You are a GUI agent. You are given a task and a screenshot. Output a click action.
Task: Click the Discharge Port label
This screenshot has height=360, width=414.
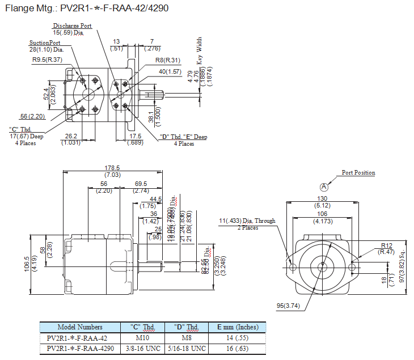click(72, 26)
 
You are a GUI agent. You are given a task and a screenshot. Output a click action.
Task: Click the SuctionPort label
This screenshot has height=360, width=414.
click(45, 43)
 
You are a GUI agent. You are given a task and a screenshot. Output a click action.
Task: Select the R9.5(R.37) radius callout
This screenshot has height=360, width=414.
click(48, 60)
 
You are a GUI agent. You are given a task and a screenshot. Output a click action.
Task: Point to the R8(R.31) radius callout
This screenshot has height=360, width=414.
click(167, 60)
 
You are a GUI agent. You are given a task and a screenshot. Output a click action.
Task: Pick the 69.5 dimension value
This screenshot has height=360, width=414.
click(141, 184)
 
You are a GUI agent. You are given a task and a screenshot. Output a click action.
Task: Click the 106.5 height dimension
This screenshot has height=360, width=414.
click(27, 264)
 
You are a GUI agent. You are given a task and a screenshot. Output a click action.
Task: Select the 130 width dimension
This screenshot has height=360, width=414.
click(323, 198)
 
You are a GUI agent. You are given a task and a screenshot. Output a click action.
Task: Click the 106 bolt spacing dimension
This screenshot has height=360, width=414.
click(323, 214)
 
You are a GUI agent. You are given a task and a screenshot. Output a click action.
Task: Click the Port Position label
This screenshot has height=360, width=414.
click(358, 173)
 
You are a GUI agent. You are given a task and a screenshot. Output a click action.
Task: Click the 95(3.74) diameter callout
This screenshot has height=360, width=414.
click(288, 306)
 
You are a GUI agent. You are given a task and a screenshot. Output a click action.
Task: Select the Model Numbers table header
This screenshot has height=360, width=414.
click(80, 327)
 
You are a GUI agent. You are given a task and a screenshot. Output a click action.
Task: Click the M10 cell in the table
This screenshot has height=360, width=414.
click(143, 338)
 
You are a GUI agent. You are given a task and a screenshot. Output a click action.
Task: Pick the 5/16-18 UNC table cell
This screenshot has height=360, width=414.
click(187, 348)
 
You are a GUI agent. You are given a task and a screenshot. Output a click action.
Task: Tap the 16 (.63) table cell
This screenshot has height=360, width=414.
click(237, 348)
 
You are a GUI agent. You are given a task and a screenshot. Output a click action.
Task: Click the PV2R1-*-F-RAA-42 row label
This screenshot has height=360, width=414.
click(80, 338)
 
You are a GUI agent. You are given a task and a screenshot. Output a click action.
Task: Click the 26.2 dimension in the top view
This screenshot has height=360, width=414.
click(71, 136)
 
